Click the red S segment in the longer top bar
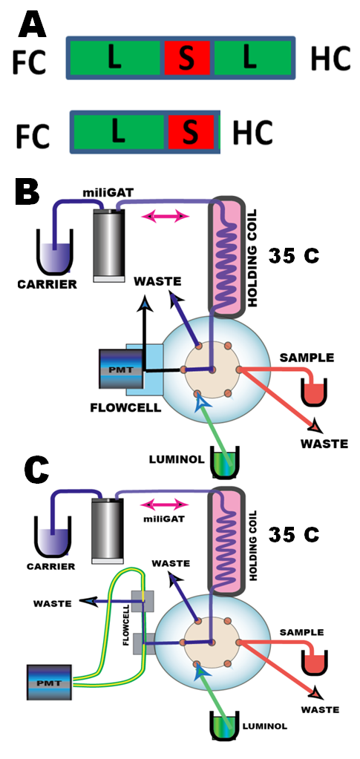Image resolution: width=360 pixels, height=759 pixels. (187, 58)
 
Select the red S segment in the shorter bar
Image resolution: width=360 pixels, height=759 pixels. (192, 133)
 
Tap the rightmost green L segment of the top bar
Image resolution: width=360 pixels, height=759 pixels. (252, 58)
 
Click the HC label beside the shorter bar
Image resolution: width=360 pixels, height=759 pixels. (252, 133)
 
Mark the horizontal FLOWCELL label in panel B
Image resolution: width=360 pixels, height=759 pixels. (125, 407)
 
